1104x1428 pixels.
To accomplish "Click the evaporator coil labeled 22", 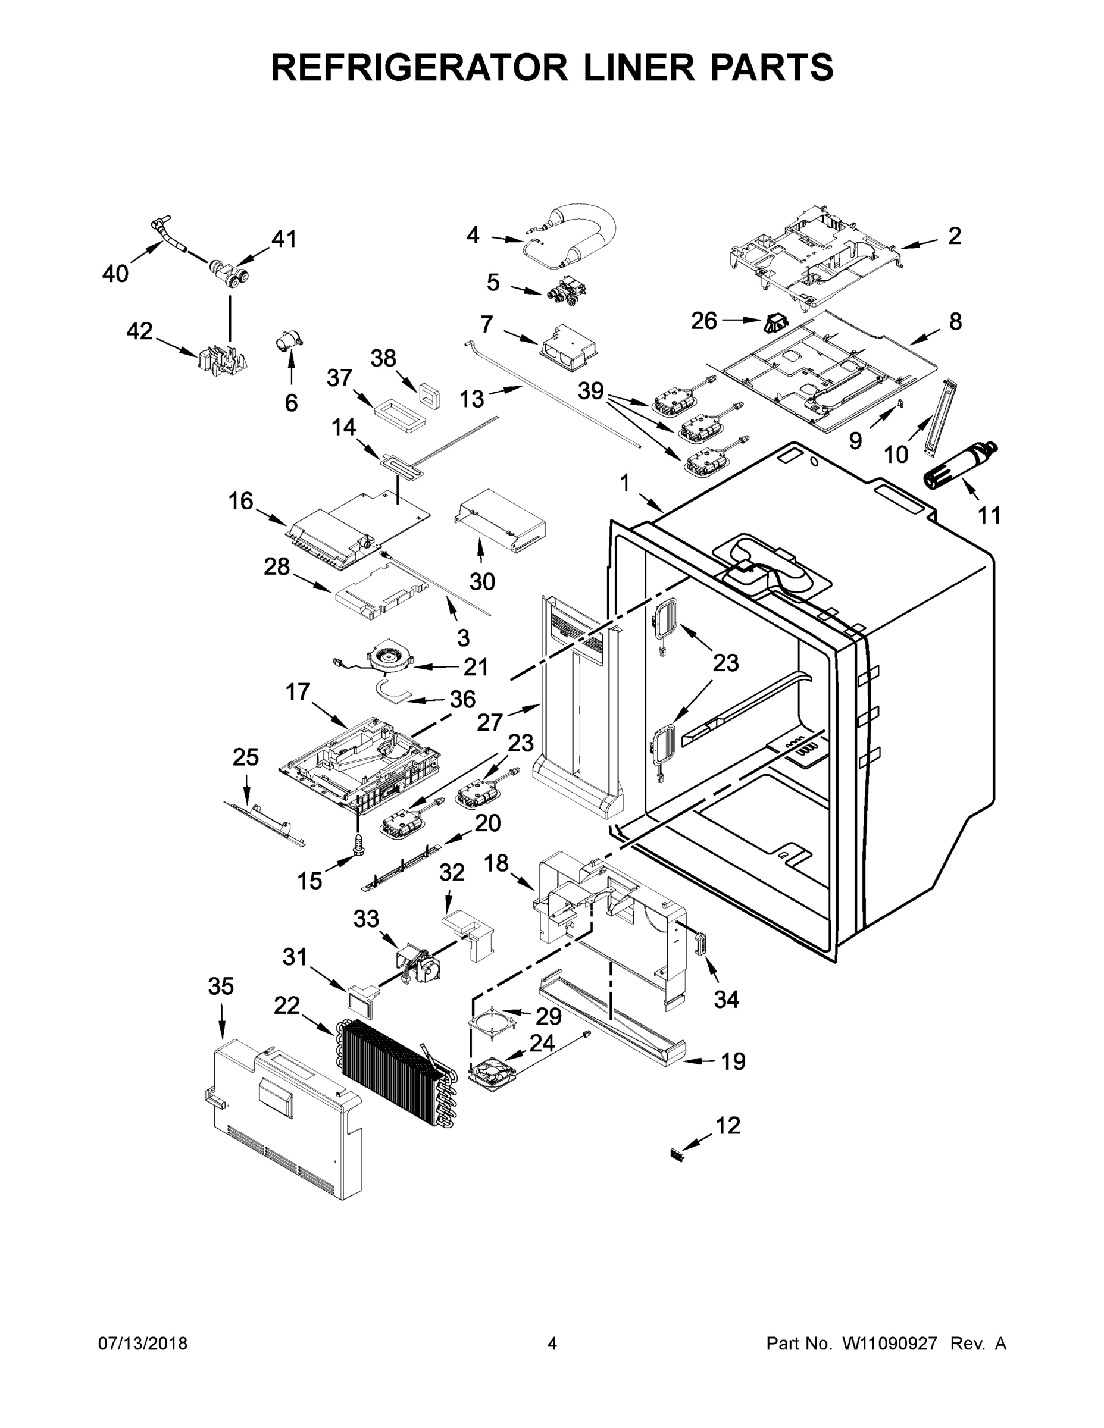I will [392, 1064].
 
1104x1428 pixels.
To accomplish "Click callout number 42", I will [139, 331].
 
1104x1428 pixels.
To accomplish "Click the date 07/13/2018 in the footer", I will [143, 1344].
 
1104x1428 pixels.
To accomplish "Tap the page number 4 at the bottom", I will [552, 1344].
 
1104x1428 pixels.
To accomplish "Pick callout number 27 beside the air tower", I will [489, 722].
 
